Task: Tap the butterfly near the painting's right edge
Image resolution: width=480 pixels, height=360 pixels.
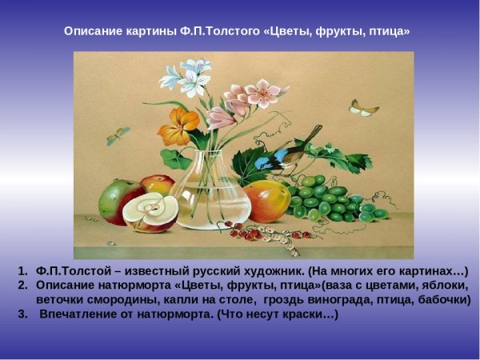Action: [364, 107]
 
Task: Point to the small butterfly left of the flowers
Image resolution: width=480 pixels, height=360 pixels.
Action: [118, 136]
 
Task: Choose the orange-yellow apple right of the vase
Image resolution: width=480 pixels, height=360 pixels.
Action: [266, 201]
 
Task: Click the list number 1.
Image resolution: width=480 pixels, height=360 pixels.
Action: [23, 270]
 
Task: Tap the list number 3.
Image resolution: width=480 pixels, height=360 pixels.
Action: [23, 314]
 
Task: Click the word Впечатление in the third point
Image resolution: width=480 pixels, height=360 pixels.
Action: [91, 314]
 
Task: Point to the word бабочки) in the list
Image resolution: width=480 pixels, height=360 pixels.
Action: [441, 299]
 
